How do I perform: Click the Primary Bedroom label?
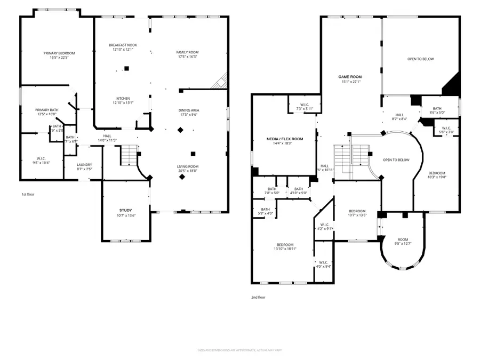click(x=59, y=53)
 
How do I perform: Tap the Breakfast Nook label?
click(x=123, y=45)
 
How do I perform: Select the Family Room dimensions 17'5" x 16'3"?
click(x=187, y=57)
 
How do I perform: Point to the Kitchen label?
click(x=123, y=99)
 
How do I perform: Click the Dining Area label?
click(x=189, y=110)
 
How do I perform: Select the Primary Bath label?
click(x=47, y=110)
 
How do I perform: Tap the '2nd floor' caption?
click(x=258, y=297)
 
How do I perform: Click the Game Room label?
click(x=351, y=77)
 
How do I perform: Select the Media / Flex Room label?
click(x=284, y=139)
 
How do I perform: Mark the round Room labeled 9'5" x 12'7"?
click(x=403, y=240)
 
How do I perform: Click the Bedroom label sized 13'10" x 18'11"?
click(x=285, y=245)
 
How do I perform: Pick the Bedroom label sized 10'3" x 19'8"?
click(x=437, y=173)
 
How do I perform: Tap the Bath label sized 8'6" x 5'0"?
click(x=437, y=108)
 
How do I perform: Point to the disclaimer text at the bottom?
click(x=240, y=350)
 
